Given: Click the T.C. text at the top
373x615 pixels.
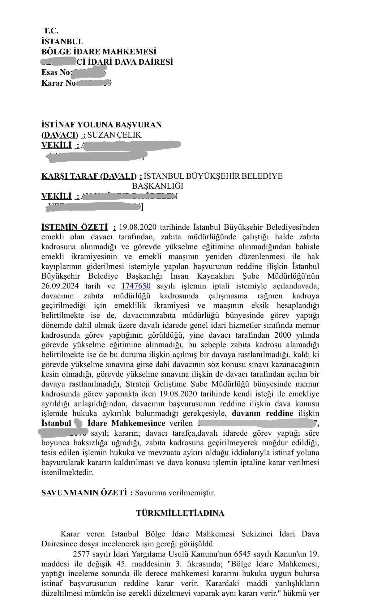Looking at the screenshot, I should click(51, 31).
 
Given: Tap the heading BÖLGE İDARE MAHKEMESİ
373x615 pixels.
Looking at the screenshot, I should click(99, 52).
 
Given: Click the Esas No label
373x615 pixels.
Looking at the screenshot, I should click(57, 73).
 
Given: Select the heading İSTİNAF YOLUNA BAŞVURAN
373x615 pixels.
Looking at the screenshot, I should click(101, 125).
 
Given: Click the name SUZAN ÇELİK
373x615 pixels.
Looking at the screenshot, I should click(114, 135).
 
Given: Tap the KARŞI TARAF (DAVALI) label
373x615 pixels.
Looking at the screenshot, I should click(89, 176).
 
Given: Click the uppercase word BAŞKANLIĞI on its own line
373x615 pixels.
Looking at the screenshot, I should click(158, 186).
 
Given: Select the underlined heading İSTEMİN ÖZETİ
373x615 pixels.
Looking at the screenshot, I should click(75, 227).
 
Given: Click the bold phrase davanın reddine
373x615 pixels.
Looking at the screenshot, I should click(263, 413).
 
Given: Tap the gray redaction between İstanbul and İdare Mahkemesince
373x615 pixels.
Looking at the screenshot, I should click(79, 423).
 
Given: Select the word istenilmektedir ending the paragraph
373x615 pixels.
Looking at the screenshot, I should click(67, 472).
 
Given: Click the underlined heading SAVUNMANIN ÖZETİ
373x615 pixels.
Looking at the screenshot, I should click(84, 493).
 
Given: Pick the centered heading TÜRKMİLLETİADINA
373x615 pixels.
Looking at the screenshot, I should click(180, 513).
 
